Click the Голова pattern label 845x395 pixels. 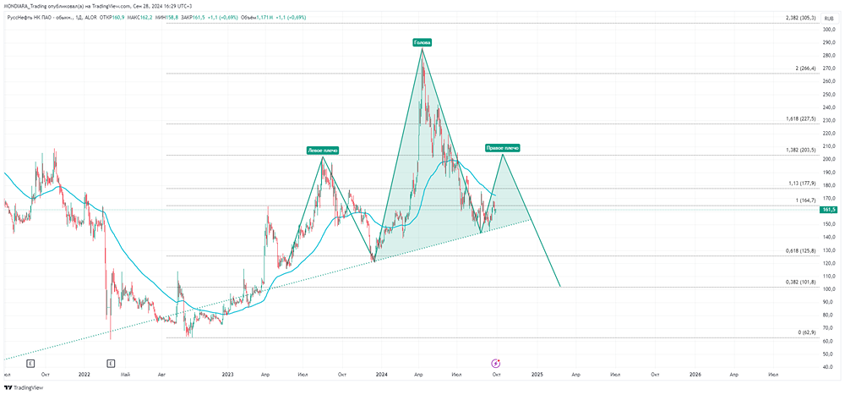[x=422, y=41]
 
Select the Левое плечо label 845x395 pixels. [x=322, y=151]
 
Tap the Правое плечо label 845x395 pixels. [x=502, y=147]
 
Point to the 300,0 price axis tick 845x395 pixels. [x=828, y=30]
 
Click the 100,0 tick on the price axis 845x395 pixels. [x=828, y=289]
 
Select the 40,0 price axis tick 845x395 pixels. [x=828, y=367]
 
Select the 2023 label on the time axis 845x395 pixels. [x=227, y=373]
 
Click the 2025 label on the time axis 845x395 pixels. [x=537, y=373]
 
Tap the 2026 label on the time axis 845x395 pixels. [x=695, y=373]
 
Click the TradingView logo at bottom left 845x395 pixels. [x=23, y=387]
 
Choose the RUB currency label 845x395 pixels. [x=828, y=17]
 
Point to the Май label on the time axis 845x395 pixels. [x=125, y=373]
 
